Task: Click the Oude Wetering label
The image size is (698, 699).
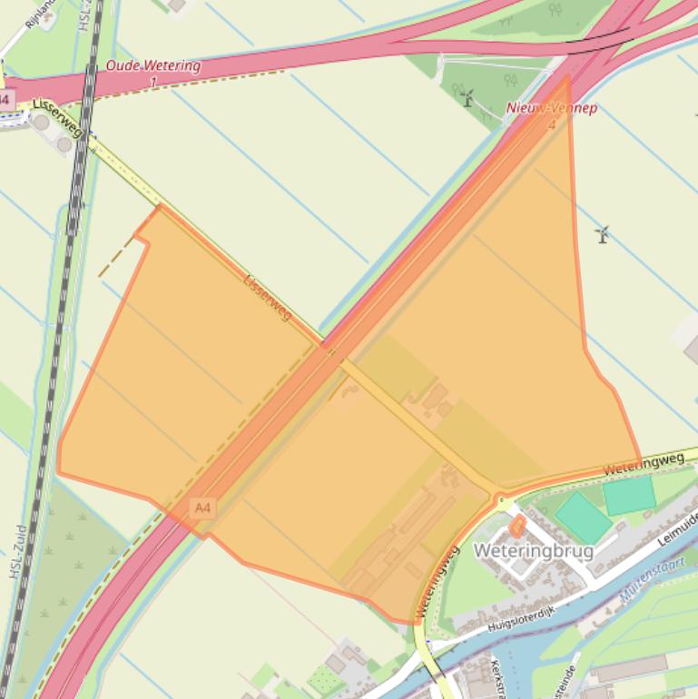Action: coord(152,66)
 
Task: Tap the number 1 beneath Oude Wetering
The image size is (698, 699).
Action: coord(152,82)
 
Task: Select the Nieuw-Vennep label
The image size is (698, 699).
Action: coord(552,108)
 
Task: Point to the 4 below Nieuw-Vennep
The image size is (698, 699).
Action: coord(551,123)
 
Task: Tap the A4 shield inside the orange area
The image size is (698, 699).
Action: coord(202,508)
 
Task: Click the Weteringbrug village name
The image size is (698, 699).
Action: coord(533,551)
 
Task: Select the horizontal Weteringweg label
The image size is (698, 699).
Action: coord(643,463)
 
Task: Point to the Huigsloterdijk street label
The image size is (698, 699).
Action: coord(514,615)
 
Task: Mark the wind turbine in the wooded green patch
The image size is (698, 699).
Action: coord(467,98)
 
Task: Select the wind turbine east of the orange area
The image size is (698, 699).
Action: coord(601,235)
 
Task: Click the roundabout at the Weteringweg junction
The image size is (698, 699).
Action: coord(500,499)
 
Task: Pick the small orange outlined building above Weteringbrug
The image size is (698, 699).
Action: coord(517,525)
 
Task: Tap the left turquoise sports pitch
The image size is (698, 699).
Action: coord(584,517)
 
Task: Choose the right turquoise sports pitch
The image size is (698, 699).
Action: coord(629,496)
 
